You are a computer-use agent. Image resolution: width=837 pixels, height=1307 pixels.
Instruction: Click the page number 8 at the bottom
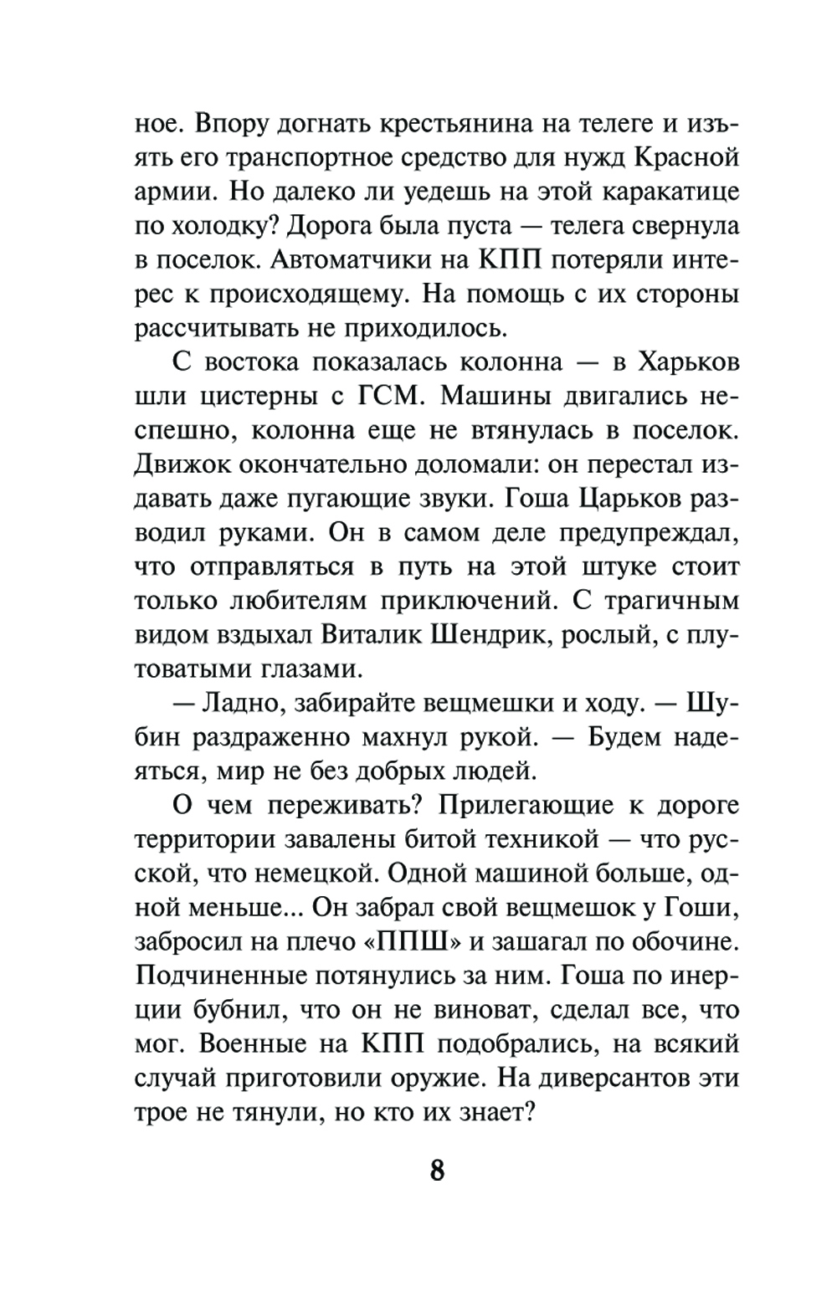pyautogui.click(x=437, y=1169)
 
